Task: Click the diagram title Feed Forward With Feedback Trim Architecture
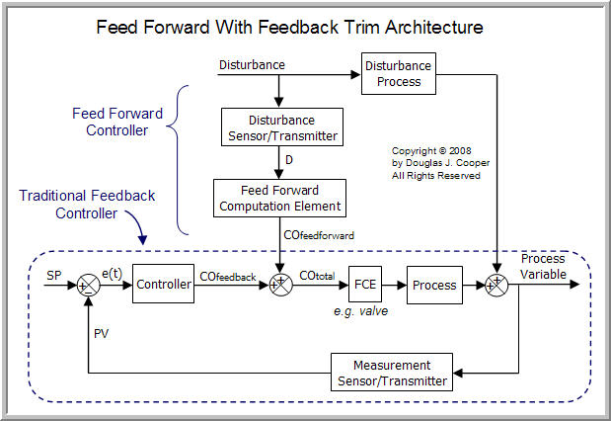click(x=305, y=27)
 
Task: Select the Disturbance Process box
click(x=399, y=74)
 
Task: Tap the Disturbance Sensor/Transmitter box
click(x=280, y=126)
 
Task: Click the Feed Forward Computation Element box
click(x=280, y=199)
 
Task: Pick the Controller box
click(x=162, y=285)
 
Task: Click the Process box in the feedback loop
click(x=434, y=285)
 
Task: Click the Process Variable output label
click(x=543, y=267)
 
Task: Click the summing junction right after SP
click(x=88, y=286)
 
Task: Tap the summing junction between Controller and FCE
click(x=279, y=286)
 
